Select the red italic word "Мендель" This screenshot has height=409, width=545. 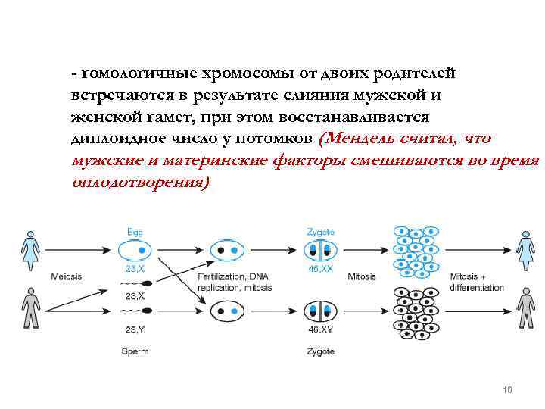coord(363,138)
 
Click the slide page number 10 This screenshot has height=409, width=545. coord(507,389)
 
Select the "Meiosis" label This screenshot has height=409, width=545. coord(67,276)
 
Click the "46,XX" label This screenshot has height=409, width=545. coord(320,269)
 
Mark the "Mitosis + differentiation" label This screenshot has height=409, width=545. coord(476,282)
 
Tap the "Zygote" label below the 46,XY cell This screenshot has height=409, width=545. coord(320,351)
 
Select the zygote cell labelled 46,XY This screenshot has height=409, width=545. coord(319,311)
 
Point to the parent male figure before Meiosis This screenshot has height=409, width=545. coord(30,308)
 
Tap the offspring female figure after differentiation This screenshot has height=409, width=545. coord(525,247)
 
